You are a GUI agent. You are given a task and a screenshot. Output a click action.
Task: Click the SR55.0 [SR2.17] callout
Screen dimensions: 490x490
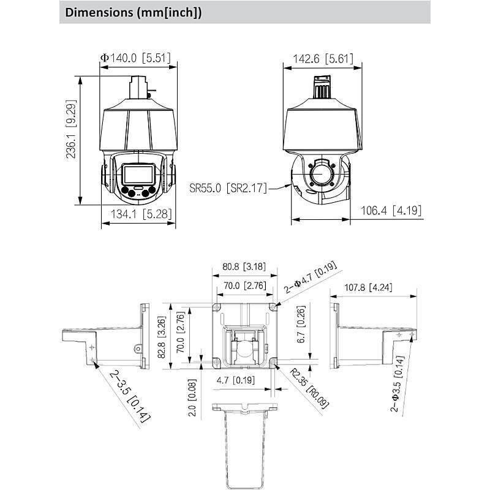click(x=228, y=187)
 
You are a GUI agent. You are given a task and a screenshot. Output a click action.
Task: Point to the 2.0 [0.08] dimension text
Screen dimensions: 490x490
click(x=192, y=398)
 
